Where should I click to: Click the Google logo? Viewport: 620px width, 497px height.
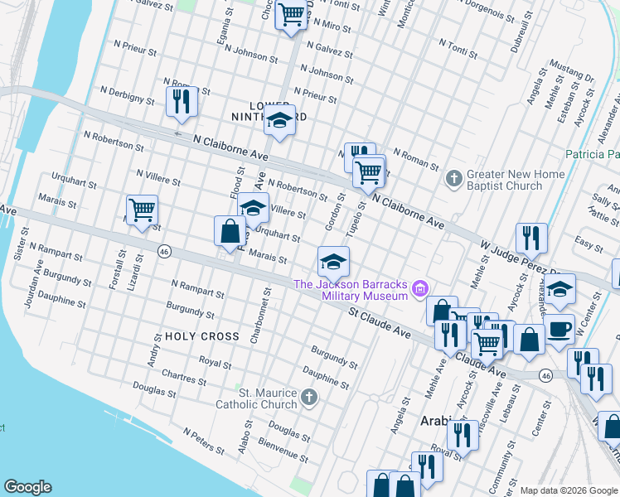pyautogui.click(x=27, y=487)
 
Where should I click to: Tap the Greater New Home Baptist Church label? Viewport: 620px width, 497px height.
pyautogui.click(x=516, y=180)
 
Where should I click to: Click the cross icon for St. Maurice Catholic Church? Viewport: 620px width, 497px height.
pyautogui.click(x=308, y=398)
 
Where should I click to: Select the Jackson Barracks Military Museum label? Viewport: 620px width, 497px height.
pyautogui.click(x=351, y=290)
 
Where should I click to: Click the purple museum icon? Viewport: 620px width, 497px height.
pyautogui.click(x=420, y=289)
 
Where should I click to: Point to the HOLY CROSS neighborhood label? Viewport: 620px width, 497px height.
pyautogui.click(x=202, y=337)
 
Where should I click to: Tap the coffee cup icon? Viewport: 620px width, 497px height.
pyautogui.click(x=559, y=328)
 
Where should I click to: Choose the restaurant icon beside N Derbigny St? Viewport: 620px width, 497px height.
pyautogui.click(x=181, y=101)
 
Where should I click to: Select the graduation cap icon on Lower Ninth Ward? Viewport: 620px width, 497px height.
pyautogui.click(x=280, y=120)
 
